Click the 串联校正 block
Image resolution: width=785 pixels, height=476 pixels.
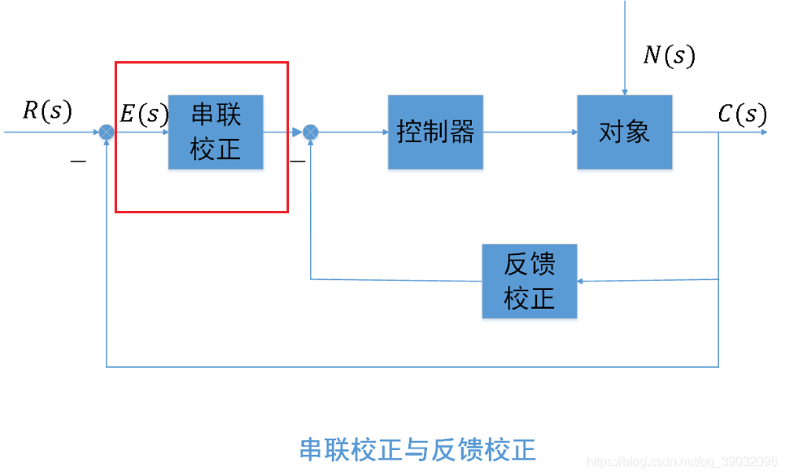tap(216, 132)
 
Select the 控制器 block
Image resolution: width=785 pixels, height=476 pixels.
tap(435, 132)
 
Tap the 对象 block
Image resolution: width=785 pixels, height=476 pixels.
tap(624, 132)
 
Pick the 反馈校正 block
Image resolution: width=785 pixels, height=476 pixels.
tap(529, 281)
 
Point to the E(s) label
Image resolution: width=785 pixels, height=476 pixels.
tap(144, 114)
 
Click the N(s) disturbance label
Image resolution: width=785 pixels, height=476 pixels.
tap(669, 55)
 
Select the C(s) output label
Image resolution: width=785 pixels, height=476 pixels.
tap(742, 114)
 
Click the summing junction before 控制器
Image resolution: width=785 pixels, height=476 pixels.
tap(311, 132)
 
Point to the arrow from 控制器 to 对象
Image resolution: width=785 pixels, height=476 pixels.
tap(530, 132)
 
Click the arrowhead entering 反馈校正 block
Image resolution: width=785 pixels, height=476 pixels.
tap(582, 281)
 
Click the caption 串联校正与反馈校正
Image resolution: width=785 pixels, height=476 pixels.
tap(418, 450)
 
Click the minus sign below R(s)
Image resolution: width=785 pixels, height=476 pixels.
tap(78, 162)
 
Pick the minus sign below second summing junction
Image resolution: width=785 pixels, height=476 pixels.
tap(298, 162)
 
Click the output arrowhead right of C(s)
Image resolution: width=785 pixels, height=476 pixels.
tap(763, 132)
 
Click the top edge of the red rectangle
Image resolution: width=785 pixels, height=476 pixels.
tap(202, 63)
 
